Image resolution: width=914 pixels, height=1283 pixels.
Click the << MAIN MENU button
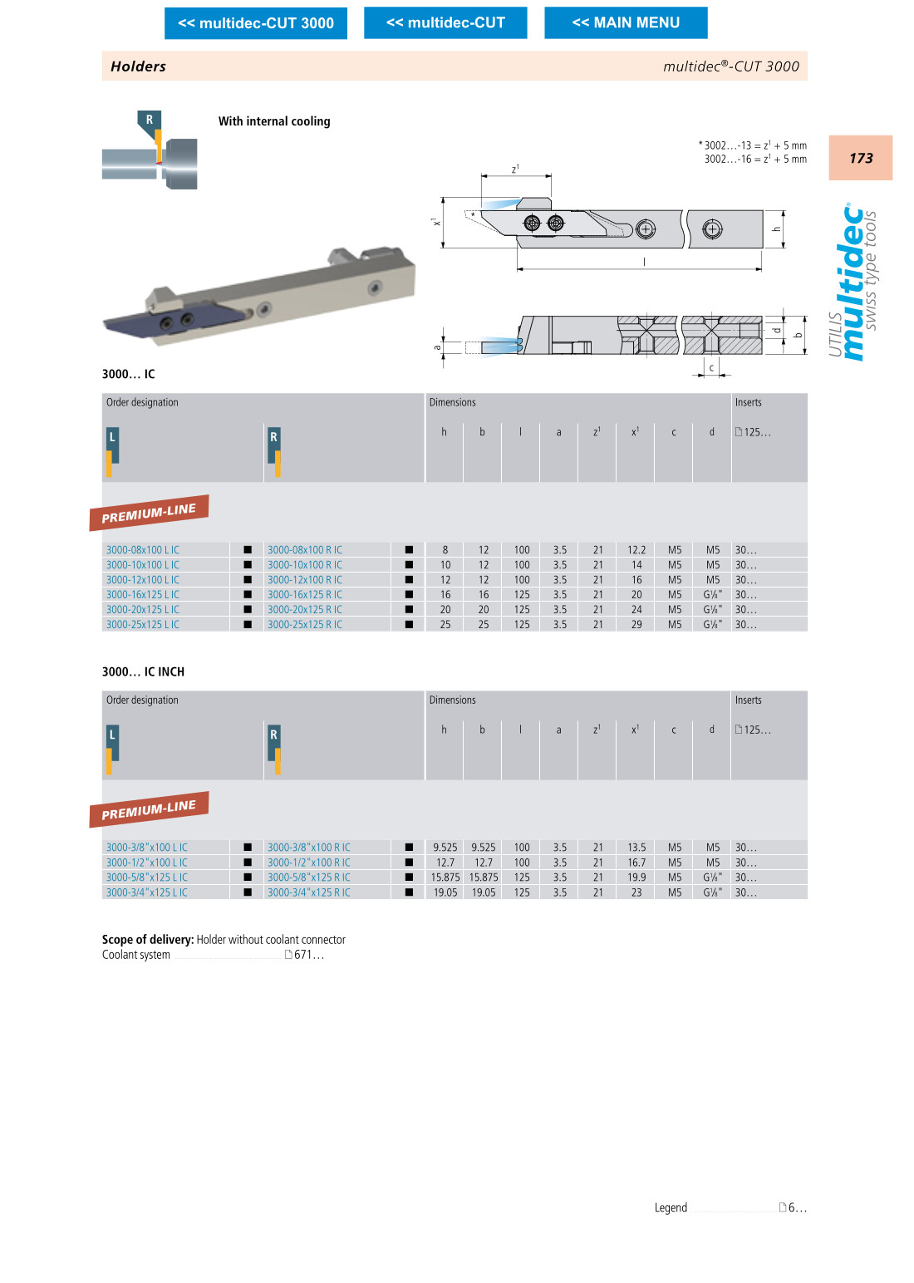click(626, 22)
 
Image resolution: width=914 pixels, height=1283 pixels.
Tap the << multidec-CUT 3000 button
click(256, 23)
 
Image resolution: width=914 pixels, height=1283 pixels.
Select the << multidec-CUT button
click(445, 22)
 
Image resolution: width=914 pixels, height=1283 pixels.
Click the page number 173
click(861, 158)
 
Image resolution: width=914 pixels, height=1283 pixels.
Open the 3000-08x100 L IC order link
click(143, 550)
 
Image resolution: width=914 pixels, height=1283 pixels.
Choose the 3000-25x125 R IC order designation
click(305, 625)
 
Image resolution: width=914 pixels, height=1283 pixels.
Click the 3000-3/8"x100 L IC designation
click(147, 848)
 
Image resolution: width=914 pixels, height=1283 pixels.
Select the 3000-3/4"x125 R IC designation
click(309, 892)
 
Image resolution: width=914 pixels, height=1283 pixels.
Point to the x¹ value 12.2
click(636, 550)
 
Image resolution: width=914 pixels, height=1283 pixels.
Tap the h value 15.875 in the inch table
click(445, 877)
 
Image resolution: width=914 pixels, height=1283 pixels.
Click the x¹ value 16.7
click(636, 863)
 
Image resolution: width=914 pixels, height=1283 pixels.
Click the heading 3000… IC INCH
click(143, 671)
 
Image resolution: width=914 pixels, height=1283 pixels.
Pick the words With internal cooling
click(274, 121)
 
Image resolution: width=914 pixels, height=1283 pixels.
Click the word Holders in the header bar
click(138, 66)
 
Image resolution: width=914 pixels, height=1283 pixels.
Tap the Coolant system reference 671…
click(308, 955)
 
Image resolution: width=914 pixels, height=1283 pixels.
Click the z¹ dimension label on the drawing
click(515, 169)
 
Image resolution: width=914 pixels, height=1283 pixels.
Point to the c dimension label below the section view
click(711, 367)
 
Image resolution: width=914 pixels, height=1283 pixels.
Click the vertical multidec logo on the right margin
click(853, 283)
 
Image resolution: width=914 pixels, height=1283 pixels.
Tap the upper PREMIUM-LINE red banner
click(149, 513)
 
